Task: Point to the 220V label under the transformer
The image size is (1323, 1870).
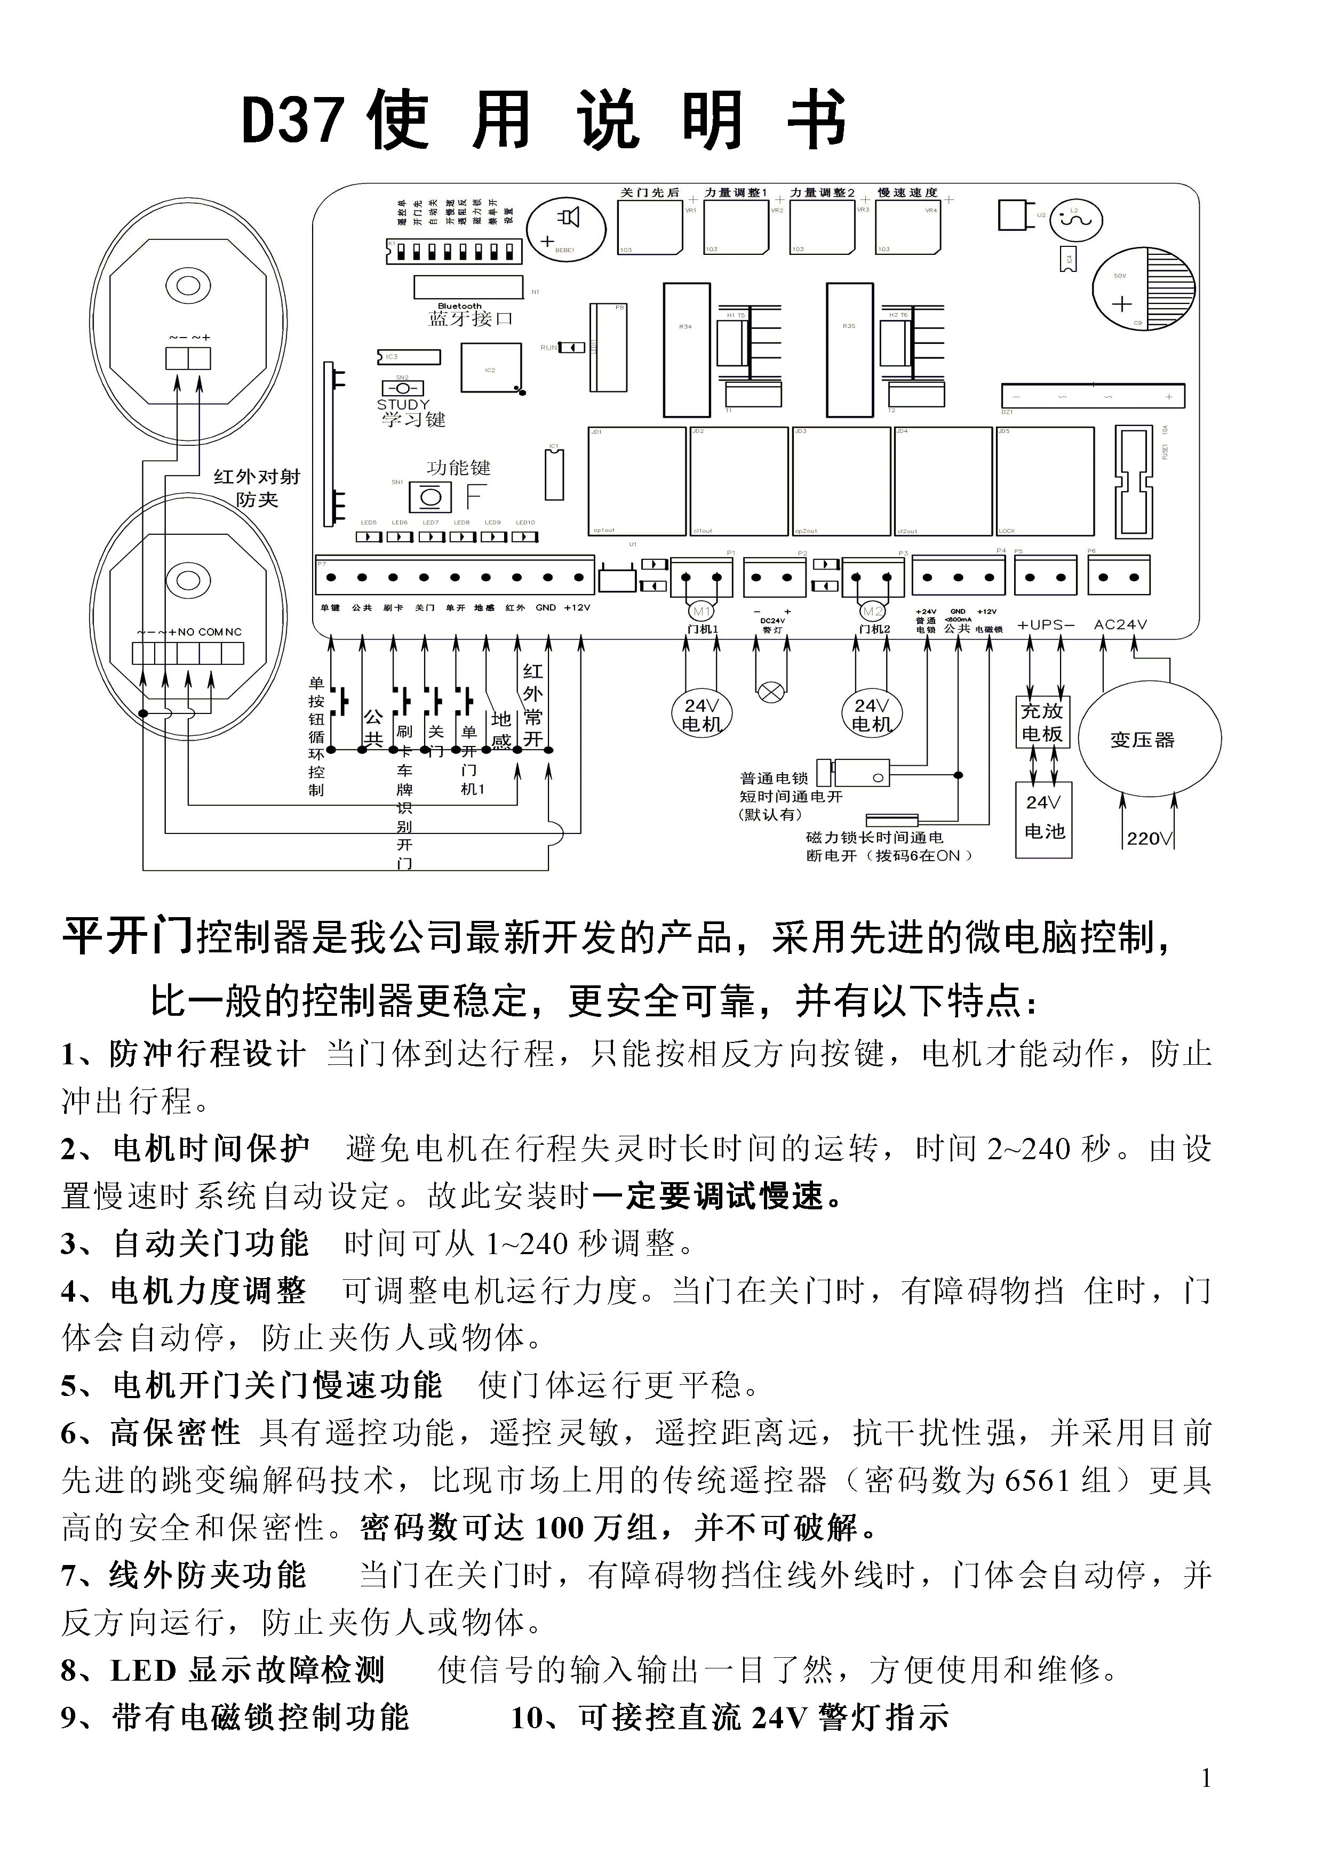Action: coord(1149,839)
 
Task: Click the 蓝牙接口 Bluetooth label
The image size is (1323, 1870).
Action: coord(471,318)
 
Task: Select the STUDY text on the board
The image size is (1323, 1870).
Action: coord(402,405)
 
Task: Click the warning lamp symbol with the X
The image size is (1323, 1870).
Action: coord(771,693)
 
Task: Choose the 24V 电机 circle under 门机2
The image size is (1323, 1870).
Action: coord(872,715)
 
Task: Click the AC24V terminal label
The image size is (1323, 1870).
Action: coord(1120,625)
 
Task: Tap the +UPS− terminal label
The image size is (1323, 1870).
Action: coord(1046,625)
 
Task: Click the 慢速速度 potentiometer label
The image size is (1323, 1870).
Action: coord(907,193)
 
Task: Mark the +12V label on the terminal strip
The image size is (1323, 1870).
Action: coord(577,607)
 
